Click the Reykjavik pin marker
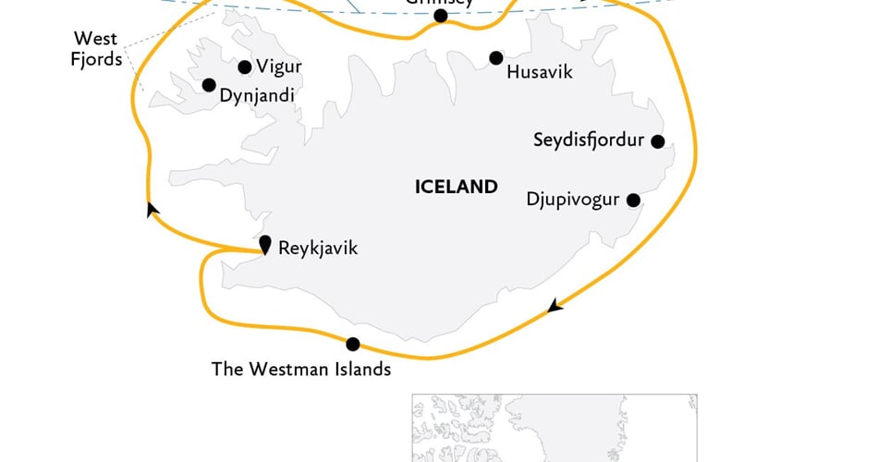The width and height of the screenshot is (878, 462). click(265, 245)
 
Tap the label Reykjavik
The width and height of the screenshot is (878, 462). click(317, 248)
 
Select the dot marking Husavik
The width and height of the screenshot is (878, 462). click(496, 58)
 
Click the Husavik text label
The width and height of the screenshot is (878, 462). click(540, 71)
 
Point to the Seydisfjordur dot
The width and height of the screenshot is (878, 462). click(658, 141)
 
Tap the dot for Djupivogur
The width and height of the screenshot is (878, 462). click(634, 200)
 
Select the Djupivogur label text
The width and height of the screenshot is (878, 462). click(572, 199)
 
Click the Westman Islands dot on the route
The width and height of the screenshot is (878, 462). click(352, 344)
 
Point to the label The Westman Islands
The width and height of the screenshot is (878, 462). click(301, 370)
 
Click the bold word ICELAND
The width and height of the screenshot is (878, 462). click(457, 187)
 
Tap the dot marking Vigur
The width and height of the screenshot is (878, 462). click(245, 67)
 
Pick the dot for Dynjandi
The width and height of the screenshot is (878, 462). click(209, 84)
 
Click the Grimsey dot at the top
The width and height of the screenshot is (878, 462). click(440, 16)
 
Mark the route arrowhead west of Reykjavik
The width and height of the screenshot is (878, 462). click(152, 211)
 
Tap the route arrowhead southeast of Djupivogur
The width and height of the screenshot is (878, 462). click(554, 306)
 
